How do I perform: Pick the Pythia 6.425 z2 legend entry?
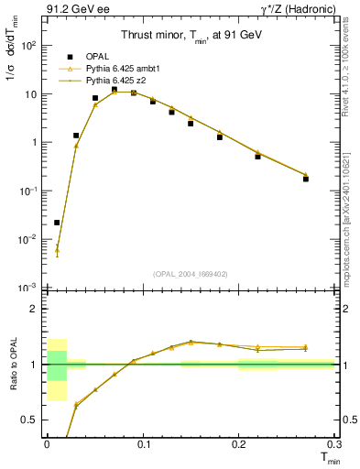coord(112,81)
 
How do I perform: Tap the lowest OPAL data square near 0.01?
coord(57,223)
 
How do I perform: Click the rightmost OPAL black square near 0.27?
coord(306,179)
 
